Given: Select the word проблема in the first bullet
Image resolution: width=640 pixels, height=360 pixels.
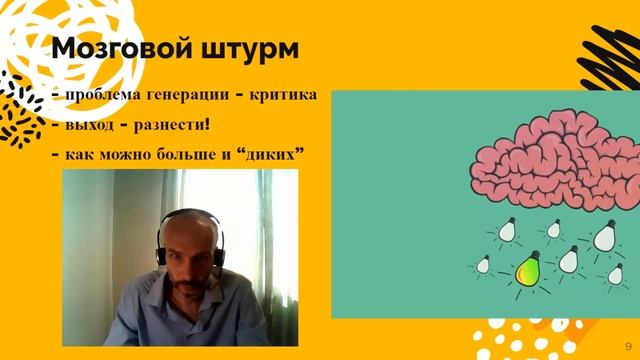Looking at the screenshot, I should point(102,96).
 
